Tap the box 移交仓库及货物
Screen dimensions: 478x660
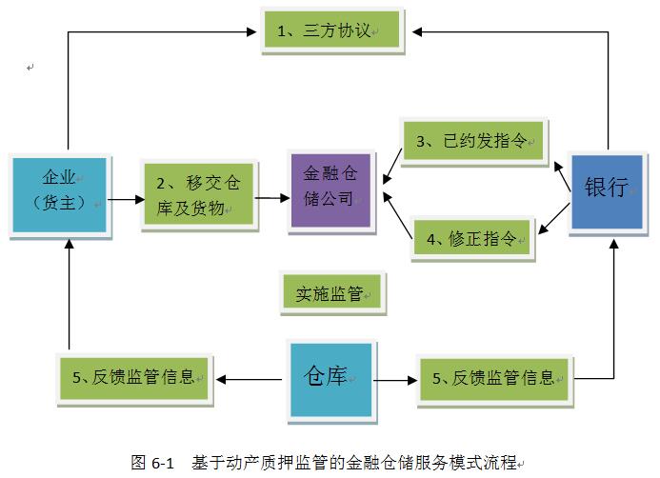pyautogui.click(x=197, y=195)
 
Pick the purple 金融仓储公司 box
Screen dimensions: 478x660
pyautogui.click(x=330, y=188)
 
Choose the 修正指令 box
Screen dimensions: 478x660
pyautogui.click(x=473, y=238)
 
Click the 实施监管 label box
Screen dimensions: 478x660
pyautogui.click(x=330, y=294)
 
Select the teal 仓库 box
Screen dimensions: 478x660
pyautogui.click(x=330, y=378)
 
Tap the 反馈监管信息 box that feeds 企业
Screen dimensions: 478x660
pyautogui.click(x=133, y=377)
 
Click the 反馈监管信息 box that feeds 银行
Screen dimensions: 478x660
pyautogui.click(x=493, y=378)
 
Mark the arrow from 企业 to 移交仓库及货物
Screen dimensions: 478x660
pyautogui.click(x=121, y=201)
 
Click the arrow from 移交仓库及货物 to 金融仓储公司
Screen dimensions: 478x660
pyautogui.click(x=271, y=198)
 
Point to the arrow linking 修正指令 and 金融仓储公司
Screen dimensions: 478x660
pyautogui.click(x=396, y=210)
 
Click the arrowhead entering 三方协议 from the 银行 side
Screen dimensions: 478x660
pyautogui.click(x=419, y=31)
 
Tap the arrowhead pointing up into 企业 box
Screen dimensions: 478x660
pyautogui.click(x=69, y=243)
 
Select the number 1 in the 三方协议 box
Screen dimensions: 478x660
pyautogui.click(x=282, y=31)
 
